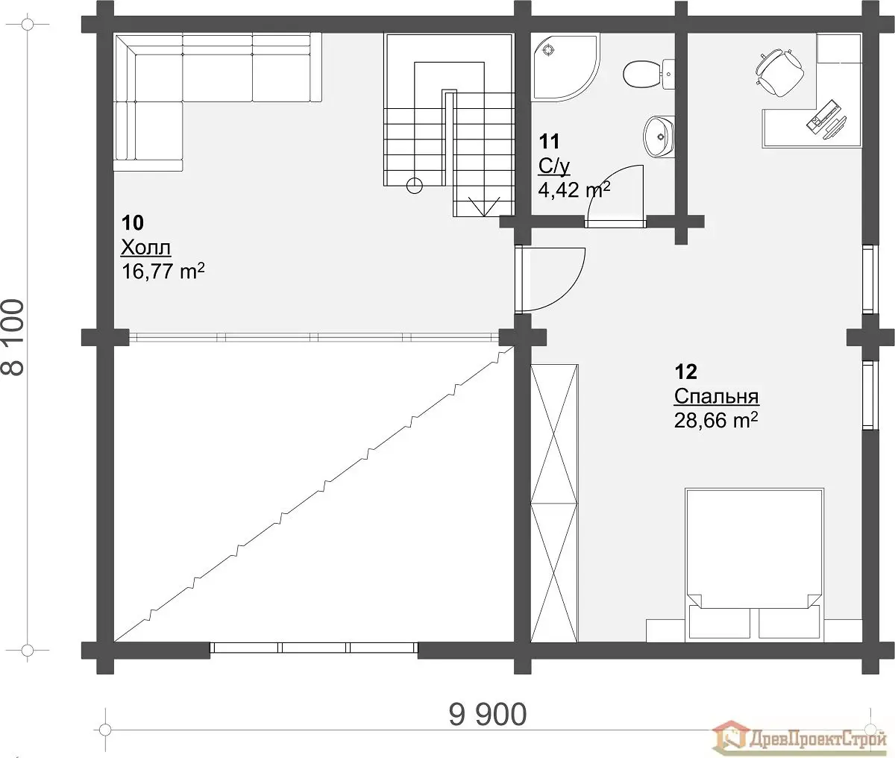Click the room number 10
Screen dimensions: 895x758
132,222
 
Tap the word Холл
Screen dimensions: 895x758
146,248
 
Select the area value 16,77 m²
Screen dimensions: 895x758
163,271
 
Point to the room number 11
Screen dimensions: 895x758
549,141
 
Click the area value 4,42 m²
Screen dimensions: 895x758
574,189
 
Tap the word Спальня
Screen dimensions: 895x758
716,396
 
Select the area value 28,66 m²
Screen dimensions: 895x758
716,419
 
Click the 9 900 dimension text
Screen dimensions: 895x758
488,714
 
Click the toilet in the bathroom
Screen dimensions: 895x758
648,75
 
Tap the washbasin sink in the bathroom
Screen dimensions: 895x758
659,136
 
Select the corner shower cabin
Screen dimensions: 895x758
565,67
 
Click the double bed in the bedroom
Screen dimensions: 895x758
753,566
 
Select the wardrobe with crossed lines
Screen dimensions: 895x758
554,503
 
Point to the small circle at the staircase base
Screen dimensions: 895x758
415,186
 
